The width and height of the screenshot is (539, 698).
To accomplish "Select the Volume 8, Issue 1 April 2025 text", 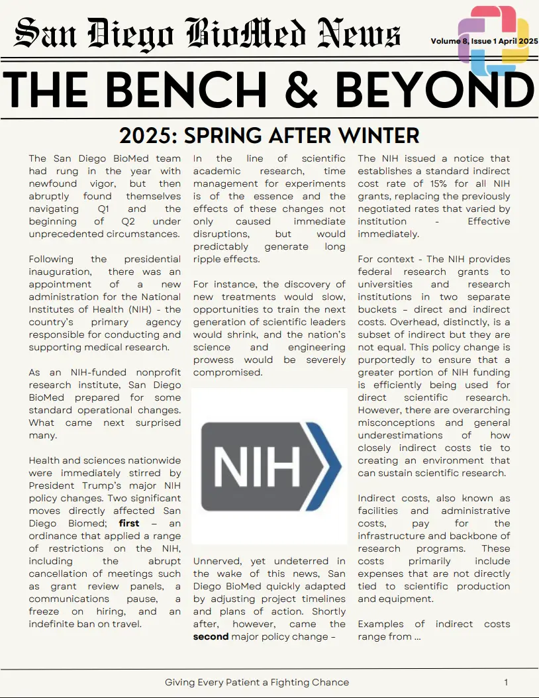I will tap(484, 41).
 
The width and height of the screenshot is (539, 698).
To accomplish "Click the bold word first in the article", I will tap(129, 523).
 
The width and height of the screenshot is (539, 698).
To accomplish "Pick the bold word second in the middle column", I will tap(211, 636).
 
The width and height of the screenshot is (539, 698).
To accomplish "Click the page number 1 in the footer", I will tap(506, 682).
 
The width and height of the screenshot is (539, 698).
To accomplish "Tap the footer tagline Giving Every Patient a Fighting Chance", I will tap(256, 682).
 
